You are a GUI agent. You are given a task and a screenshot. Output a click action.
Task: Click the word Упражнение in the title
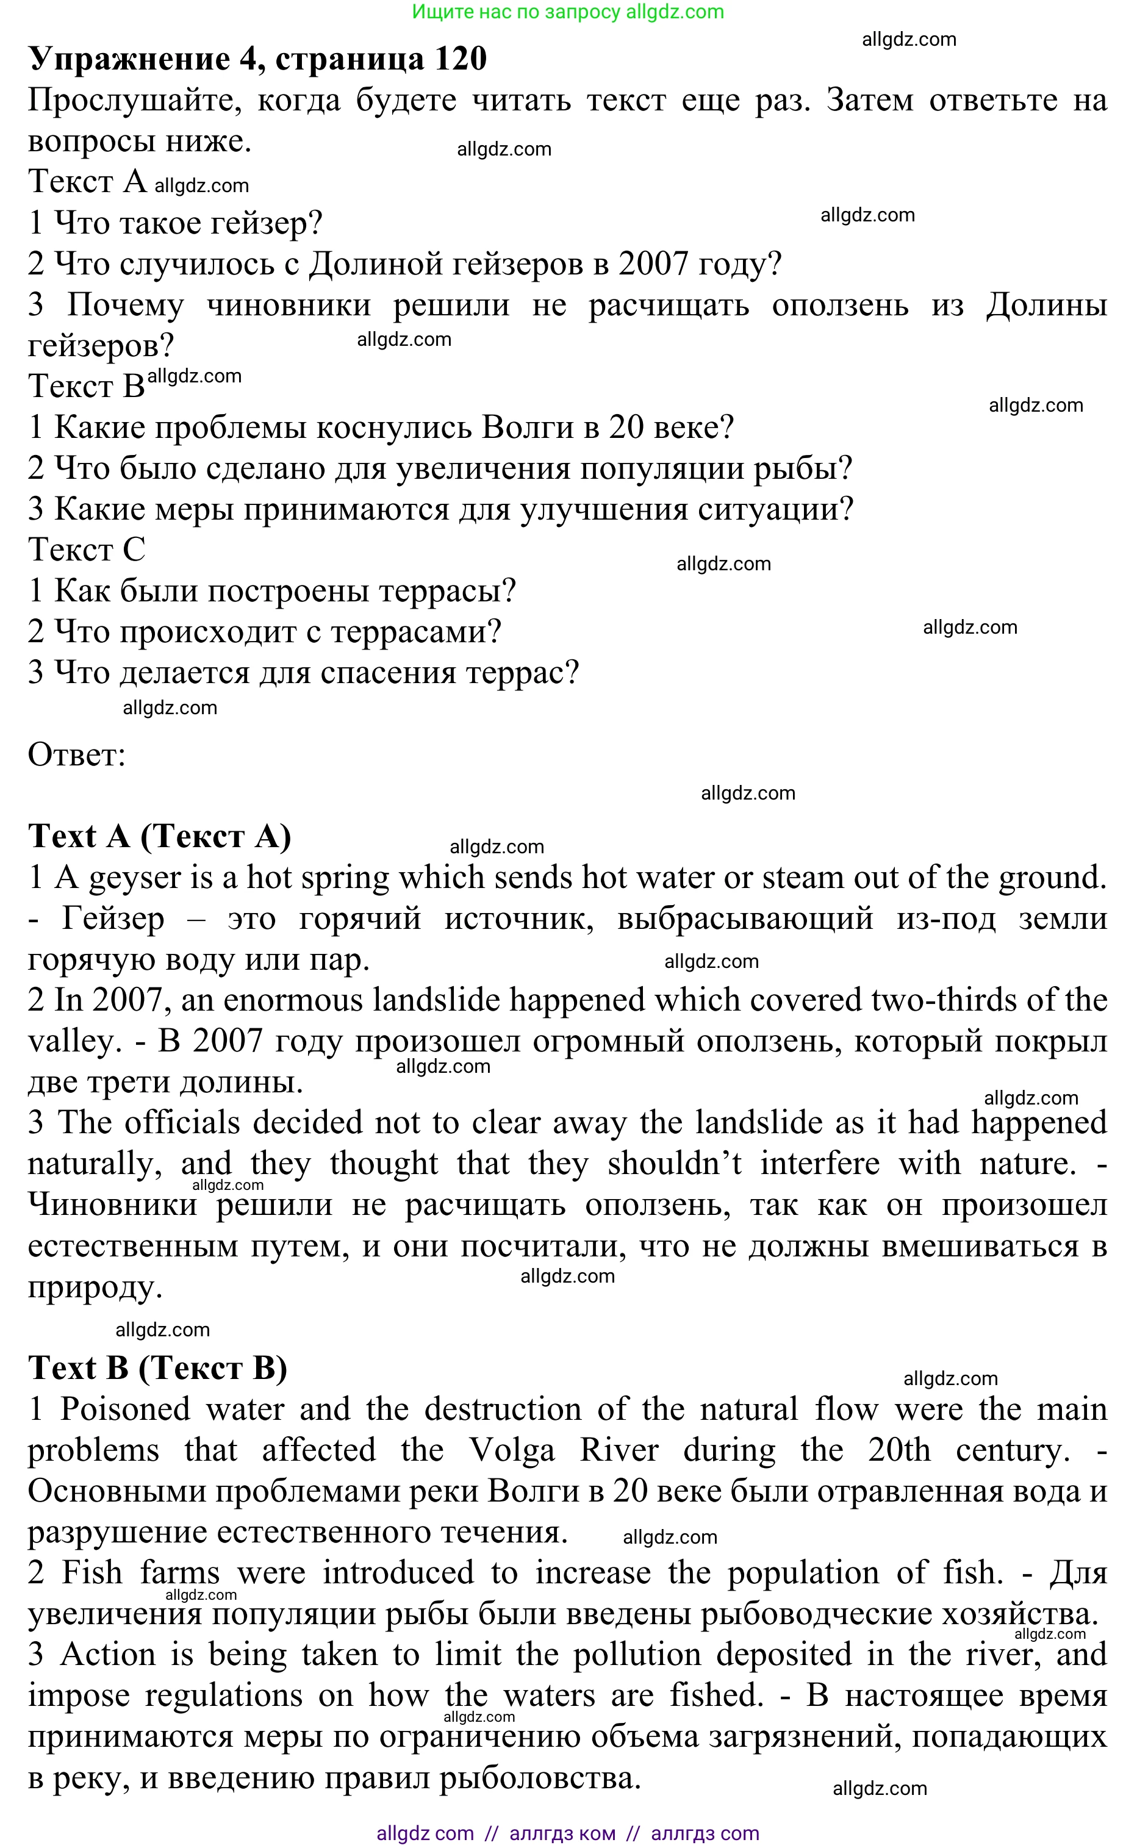(129, 59)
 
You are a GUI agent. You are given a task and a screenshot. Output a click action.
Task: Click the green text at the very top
(568, 12)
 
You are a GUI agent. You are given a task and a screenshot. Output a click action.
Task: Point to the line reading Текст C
(87, 550)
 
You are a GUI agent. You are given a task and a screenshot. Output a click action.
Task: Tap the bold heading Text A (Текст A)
(159, 836)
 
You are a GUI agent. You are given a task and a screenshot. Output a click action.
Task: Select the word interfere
(820, 1164)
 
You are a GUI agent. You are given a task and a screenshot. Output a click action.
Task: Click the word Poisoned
(125, 1409)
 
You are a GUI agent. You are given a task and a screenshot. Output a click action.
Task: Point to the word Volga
(511, 1450)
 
